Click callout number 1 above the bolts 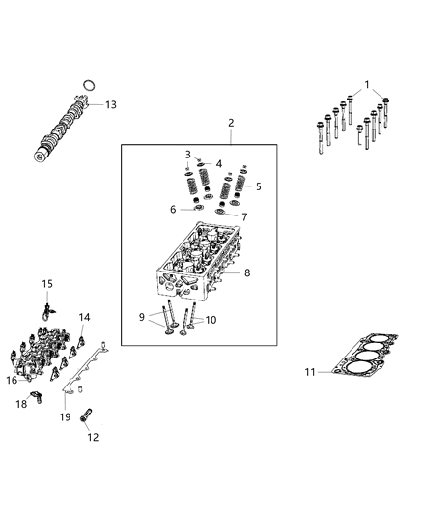(x=366, y=84)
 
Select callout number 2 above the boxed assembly (x=231, y=123)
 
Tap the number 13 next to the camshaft (x=110, y=104)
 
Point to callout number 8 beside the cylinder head (x=247, y=273)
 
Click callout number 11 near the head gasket (x=310, y=371)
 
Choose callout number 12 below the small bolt (x=93, y=438)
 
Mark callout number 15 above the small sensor (x=45, y=283)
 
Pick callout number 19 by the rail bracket (x=66, y=417)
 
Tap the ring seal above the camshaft (x=88, y=85)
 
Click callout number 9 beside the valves (x=140, y=315)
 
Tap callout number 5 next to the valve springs (x=257, y=186)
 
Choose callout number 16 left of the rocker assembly (x=11, y=380)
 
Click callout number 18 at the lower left (x=21, y=404)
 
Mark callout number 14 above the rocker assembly (x=84, y=317)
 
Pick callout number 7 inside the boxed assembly (x=244, y=216)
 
